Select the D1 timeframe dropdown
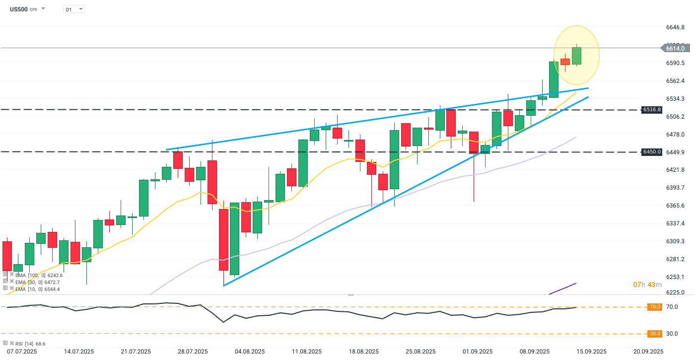tap(74, 9)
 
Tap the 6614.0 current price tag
tap(675, 48)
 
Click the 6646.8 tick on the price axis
tap(676, 27)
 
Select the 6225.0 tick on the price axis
tap(676, 292)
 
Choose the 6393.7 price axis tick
tap(676, 188)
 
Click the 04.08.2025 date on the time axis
tap(248, 352)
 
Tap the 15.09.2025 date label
tap(591, 352)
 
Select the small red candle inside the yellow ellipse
tap(565, 62)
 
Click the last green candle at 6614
tap(576, 56)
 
